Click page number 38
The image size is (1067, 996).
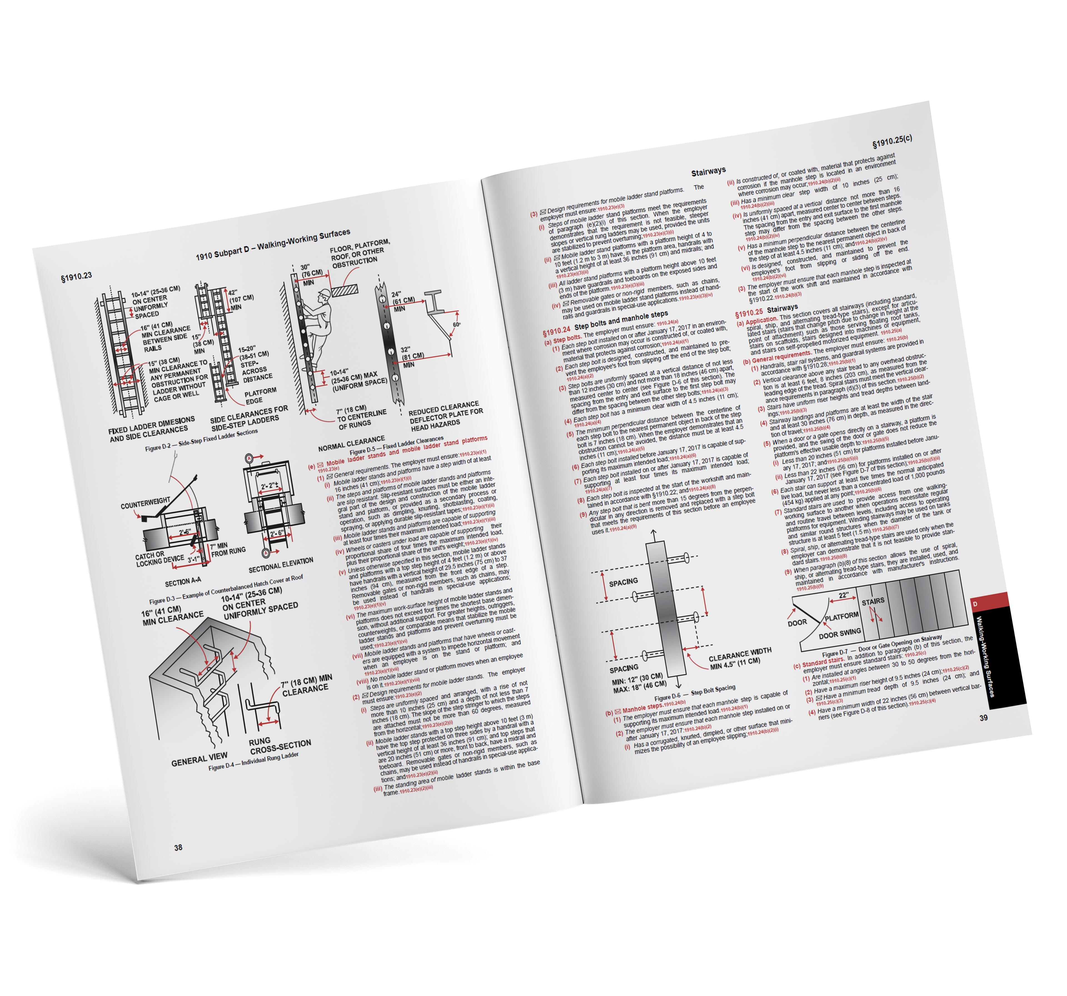(x=178, y=847)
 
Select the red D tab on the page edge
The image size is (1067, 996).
(x=976, y=604)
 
